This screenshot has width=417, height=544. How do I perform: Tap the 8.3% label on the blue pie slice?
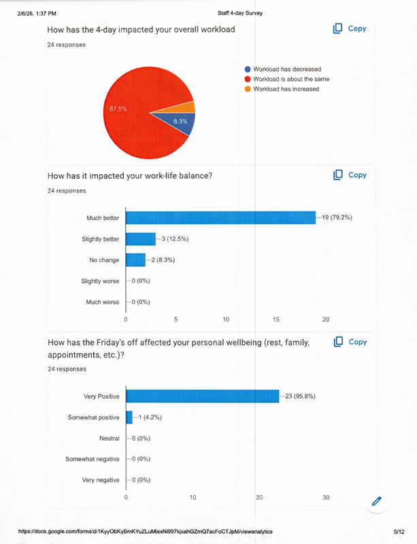tap(180, 121)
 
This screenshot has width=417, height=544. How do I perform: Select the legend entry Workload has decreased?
tap(286, 69)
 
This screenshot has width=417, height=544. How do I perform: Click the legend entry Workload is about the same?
tap(290, 79)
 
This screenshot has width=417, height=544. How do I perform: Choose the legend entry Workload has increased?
tap(286, 89)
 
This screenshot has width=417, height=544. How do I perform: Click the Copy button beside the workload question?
tap(350, 29)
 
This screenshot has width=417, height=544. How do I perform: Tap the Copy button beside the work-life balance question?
tap(350, 175)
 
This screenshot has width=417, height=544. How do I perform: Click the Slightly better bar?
tap(141, 239)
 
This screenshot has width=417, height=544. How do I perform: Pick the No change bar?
tap(135, 260)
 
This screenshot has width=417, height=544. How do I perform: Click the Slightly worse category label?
tap(100, 281)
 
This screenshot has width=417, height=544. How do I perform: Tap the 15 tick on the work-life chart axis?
tap(276, 319)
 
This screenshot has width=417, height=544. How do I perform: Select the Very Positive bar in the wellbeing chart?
tap(203, 396)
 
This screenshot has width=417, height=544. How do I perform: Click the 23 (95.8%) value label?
tap(300, 396)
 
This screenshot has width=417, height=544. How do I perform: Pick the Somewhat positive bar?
tap(129, 418)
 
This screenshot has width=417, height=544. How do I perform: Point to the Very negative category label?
tap(101, 480)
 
